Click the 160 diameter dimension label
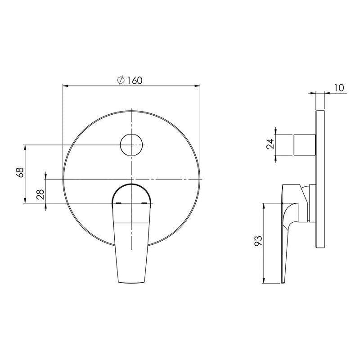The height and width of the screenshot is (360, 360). click(130, 81)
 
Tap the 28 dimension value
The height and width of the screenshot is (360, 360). click(40, 194)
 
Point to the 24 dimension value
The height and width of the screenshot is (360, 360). click(270, 144)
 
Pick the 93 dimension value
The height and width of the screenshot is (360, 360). click(258, 241)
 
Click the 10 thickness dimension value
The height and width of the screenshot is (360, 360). click(339, 88)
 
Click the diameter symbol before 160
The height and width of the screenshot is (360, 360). click(121, 81)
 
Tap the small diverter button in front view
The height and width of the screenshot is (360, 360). click(131, 144)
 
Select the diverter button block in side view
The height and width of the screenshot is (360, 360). click(305, 144)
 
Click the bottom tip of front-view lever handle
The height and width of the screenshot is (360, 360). click(131, 282)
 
